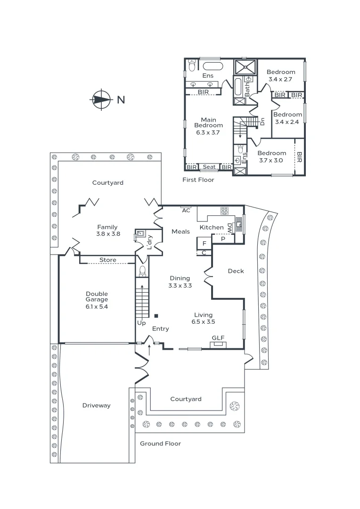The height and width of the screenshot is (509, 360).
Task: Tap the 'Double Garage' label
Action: [x=97, y=296]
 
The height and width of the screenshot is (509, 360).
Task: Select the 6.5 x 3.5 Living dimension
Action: [x=203, y=322]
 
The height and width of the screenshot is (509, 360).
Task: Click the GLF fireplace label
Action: [x=218, y=338]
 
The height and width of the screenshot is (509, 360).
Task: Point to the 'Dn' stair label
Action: [x=262, y=122]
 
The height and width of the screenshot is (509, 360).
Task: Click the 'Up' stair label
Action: [x=141, y=323]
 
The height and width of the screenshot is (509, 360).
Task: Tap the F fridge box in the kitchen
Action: [x=204, y=243]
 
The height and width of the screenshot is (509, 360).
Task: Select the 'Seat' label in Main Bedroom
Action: [x=209, y=167]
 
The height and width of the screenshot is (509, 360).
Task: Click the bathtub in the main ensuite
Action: [x=213, y=66]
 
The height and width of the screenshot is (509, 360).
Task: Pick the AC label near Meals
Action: [x=186, y=210]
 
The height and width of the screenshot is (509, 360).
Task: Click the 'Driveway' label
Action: [x=97, y=405]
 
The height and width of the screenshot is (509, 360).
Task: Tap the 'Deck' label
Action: [x=236, y=271]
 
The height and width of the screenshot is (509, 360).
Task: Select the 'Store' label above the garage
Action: [x=108, y=260]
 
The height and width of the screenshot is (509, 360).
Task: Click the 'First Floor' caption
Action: [x=198, y=180]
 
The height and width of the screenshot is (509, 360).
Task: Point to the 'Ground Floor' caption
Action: [x=160, y=443]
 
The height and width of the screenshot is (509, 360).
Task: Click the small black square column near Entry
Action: [x=156, y=315]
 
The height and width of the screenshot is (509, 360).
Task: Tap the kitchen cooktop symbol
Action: [x=224, y=211]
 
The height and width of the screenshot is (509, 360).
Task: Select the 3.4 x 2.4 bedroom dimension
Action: [x=287, y=122]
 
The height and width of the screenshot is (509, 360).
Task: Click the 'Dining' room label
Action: [x=180, y=278]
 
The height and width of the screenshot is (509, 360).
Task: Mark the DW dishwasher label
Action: [x=230, y=228]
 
